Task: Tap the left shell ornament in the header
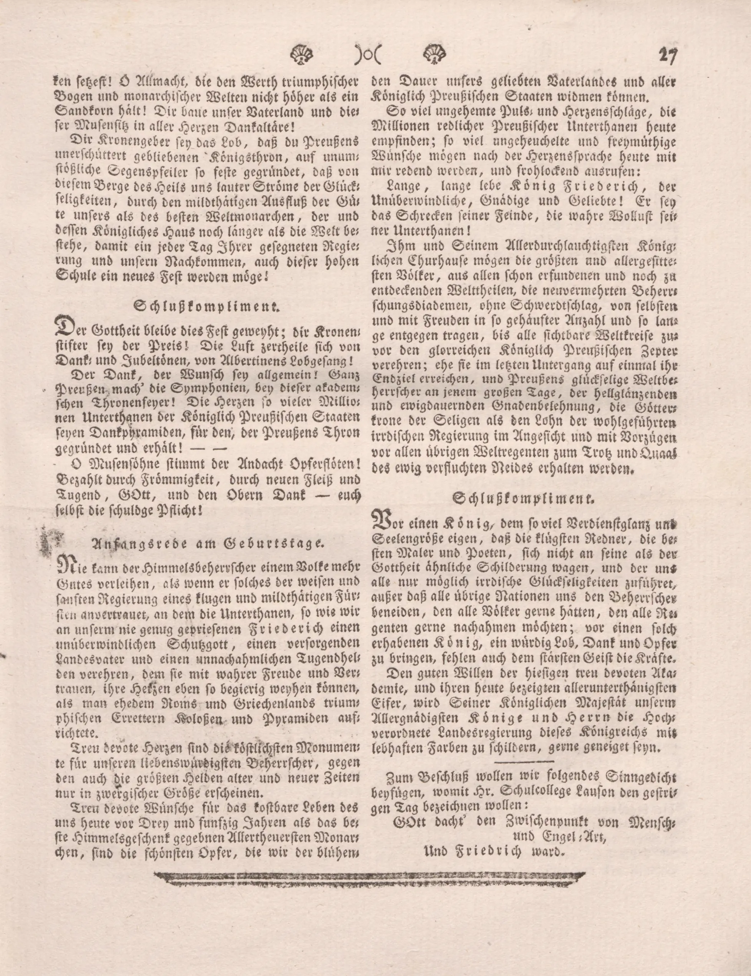(302, 55)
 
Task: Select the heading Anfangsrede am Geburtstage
(207, 543)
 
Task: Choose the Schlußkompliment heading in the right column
(524, 498)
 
